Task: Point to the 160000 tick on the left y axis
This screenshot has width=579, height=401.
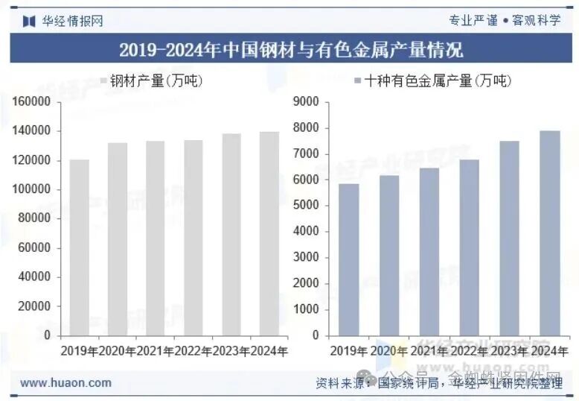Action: tap(33, 101)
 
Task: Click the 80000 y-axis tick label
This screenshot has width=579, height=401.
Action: tap(36, 218)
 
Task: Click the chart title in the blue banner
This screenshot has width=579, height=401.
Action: tap(290, 50)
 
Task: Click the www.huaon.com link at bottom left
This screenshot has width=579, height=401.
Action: tap(65, 383)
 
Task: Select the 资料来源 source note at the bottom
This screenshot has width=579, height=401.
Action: tap(439, 384)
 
